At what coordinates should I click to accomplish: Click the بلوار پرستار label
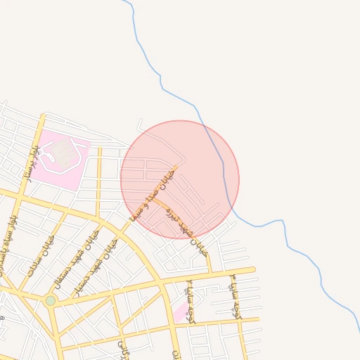coord(33,164)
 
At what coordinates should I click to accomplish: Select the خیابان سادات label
coord(40,259)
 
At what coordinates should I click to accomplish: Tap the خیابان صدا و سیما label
coord(150,193)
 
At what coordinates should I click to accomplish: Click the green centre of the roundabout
coord(51,300)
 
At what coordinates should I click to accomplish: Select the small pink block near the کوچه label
coord(181,311)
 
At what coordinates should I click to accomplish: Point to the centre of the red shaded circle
coord(180,179)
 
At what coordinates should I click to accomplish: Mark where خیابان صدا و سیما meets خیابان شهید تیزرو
coord(154,199)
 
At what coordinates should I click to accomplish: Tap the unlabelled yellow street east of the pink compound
coord(98,183)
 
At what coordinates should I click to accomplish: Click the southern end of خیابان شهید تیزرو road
coord(210,271)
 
